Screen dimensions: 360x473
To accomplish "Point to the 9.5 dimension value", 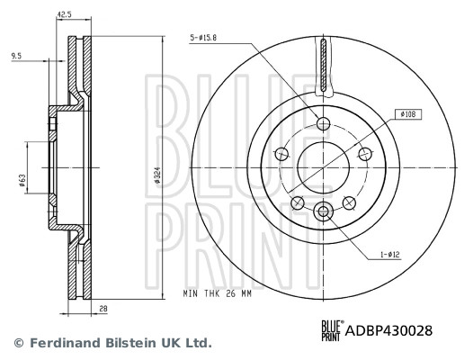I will pos(16,56).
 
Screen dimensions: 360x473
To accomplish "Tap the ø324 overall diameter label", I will pos(157,175).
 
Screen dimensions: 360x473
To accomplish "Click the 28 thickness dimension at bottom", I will pos(104,309).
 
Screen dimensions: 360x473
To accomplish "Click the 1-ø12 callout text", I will pos(388,255).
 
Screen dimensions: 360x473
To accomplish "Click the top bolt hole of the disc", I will pos(324,123).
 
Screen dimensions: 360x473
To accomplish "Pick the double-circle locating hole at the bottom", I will pos(324,211).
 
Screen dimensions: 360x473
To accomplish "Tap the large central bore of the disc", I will pos(324,167).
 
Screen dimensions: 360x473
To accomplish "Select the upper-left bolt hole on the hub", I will pos(281,154).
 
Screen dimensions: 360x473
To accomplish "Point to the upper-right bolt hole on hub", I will pos(366,154).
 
